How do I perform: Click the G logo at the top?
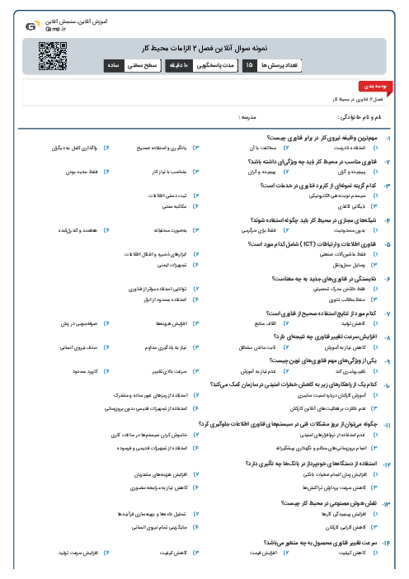tap(31, 26)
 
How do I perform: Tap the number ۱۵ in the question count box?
tap(249, 64)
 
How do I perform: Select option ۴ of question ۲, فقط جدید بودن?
tap(84, 172)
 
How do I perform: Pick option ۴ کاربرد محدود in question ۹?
tap(84, 371)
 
